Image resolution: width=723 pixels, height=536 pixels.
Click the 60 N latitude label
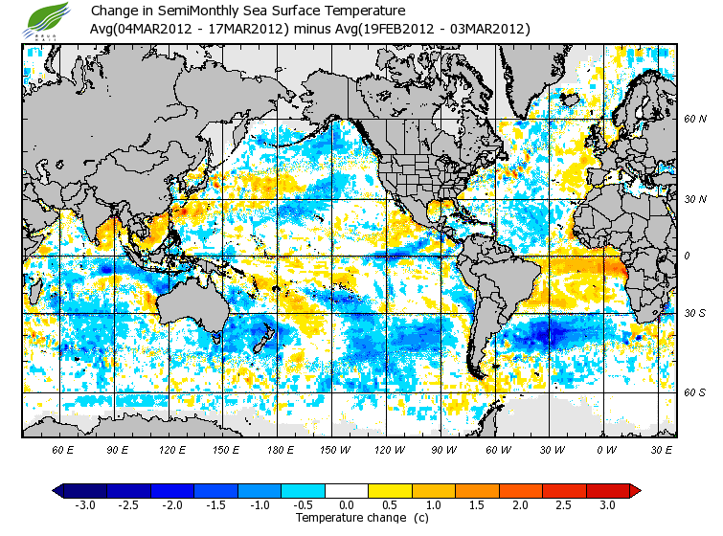[694, 120]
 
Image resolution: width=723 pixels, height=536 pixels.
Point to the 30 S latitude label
[694, 314]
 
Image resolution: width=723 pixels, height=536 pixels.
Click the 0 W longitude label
[605, 448]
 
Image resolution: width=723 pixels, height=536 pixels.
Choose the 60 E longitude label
[63, 448]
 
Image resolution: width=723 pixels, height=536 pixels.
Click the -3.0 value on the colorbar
[84, 504]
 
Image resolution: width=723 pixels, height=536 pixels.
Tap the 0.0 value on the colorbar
[346, 504]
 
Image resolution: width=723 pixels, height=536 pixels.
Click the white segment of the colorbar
[347, 490]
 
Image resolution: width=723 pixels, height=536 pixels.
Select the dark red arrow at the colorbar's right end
[634, 490]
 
